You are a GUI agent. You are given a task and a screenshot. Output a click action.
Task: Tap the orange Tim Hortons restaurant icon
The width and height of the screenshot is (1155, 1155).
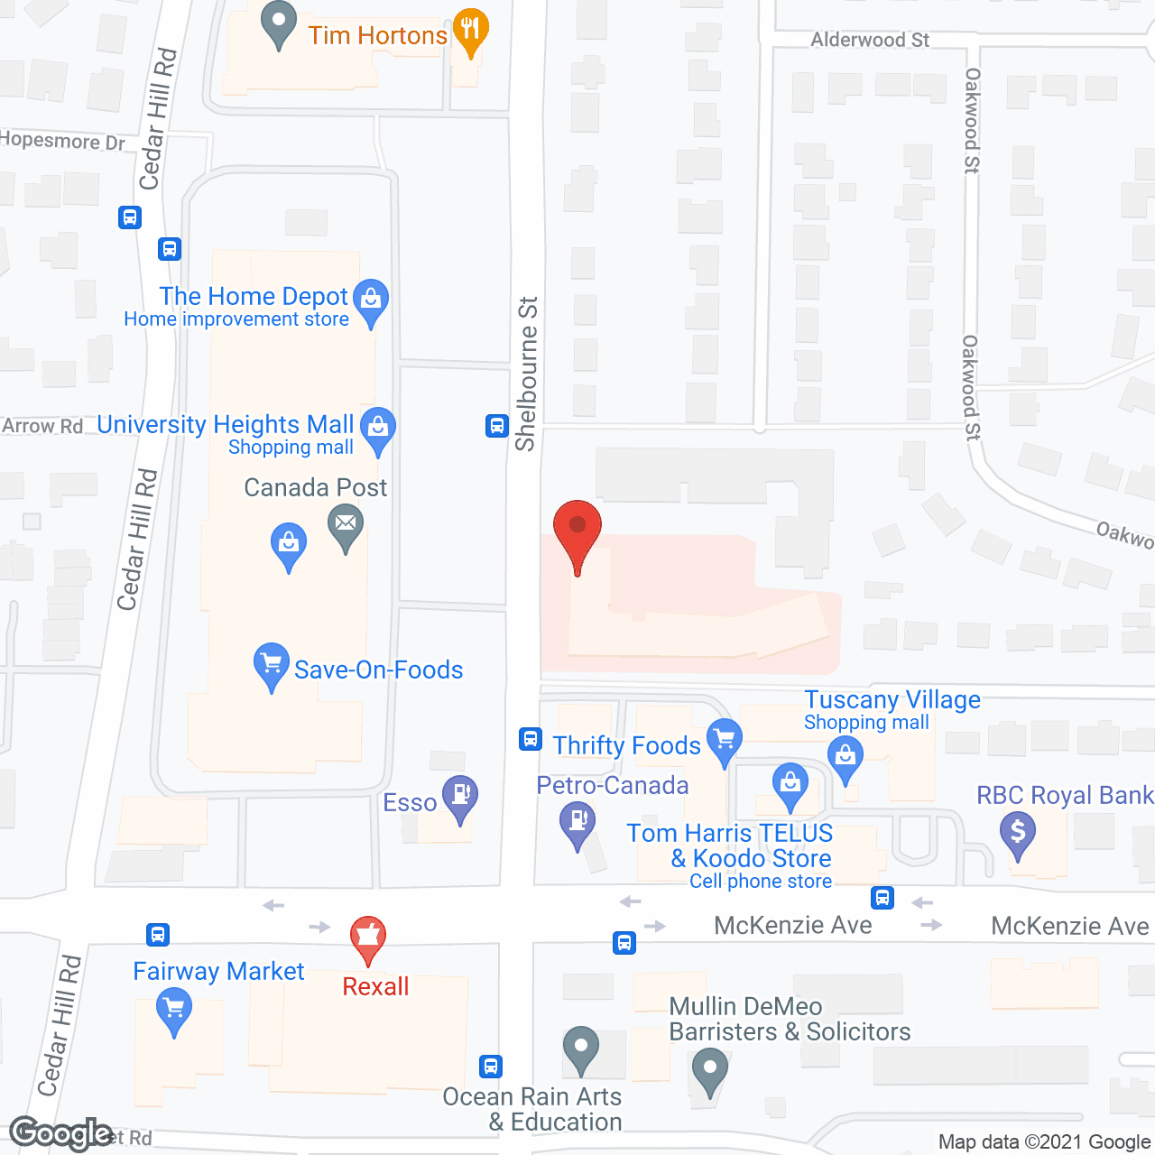coord(470,30)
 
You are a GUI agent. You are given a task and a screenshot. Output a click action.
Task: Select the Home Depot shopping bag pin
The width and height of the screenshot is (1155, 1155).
coord(371,300)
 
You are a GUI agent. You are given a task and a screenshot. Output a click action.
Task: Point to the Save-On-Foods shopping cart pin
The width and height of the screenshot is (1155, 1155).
coord(271,664)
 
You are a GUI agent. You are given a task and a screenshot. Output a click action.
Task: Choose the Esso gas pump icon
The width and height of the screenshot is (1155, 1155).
coord(460,797)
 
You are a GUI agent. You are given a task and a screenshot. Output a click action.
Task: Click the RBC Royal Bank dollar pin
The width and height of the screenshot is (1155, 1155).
coord(1018,832)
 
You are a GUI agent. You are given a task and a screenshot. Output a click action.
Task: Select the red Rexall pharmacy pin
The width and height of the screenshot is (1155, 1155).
coord(368,938)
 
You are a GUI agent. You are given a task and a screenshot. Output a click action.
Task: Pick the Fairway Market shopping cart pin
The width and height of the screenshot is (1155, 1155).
coord(173,1008)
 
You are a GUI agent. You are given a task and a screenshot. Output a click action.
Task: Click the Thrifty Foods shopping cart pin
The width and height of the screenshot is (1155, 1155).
coord(724,740)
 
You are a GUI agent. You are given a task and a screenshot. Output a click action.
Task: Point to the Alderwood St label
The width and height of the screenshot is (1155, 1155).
coord(870,40)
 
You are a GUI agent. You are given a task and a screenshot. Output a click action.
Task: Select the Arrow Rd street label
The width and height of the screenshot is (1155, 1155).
coord(42,426)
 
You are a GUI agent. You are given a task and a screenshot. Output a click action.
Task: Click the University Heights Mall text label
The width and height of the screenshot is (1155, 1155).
coord(226,424)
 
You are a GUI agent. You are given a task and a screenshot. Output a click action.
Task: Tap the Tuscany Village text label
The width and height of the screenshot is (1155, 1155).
coord(892,699)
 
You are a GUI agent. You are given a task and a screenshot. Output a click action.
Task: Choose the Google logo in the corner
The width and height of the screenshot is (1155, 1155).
coord(60,1133)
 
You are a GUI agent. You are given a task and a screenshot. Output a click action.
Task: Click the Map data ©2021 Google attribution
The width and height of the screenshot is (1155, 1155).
coord(1045,1141)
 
